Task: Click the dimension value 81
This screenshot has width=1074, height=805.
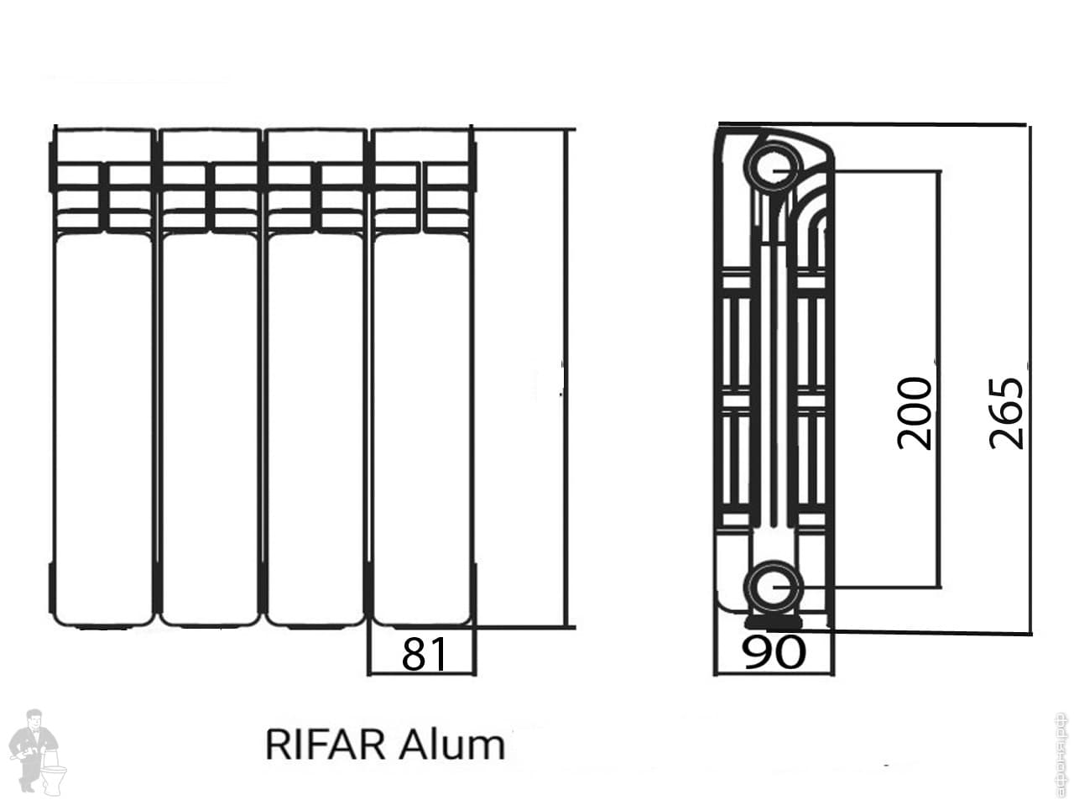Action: [x=424, y=654]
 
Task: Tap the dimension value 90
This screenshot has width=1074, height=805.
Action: [x=774, y=652]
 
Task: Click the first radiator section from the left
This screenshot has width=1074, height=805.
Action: [x=104, y=420]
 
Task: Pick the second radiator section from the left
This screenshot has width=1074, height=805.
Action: [x=210, y=420]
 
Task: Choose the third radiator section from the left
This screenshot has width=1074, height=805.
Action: [x=315, y=420]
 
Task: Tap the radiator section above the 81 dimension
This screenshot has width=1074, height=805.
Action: [x=421, y=420]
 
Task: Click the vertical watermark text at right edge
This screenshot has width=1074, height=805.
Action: [x=1061, y=755]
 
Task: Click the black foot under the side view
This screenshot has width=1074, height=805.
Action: [x=773, y=622]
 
